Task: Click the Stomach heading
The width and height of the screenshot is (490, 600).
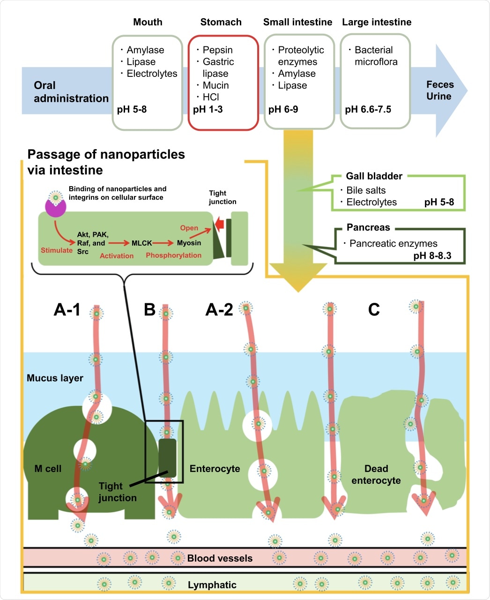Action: [221, 22]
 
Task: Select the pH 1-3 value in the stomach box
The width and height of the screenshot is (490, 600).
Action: [208, 110]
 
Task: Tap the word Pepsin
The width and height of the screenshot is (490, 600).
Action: [217, 50]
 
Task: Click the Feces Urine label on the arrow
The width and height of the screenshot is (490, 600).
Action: [440, 90]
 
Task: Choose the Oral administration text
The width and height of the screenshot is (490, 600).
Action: [71, 92]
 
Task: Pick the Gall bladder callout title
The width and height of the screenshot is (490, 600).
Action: [374, 176]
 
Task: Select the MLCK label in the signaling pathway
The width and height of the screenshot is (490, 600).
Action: [141, 243]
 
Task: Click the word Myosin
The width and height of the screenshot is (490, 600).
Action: [189, 243]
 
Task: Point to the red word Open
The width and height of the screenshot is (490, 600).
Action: [189, 228]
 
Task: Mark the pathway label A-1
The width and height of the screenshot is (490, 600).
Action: [67, 309]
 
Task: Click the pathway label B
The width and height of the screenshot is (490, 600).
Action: [149, 309]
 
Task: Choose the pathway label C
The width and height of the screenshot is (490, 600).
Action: [374, 309]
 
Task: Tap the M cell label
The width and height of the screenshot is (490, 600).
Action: [48, 469]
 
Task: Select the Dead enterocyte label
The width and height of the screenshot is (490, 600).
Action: [376, 474]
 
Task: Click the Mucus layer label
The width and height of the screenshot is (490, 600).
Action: [55, 378]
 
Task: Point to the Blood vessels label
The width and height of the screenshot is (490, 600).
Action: [220, 558]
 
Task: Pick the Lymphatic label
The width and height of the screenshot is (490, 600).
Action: [212, 585]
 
